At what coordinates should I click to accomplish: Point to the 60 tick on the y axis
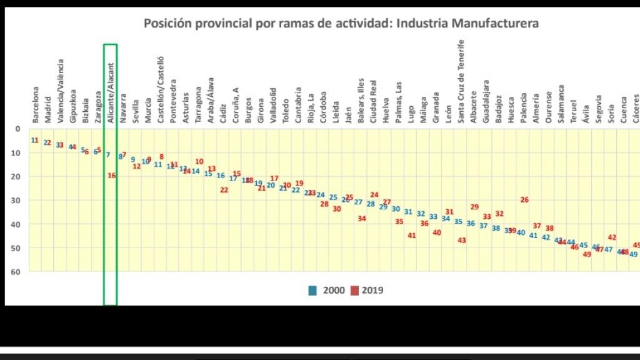(x=17, y=272)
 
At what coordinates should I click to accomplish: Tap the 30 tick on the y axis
(x=17, y=201)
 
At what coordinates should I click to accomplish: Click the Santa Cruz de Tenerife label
(x=461, y=74)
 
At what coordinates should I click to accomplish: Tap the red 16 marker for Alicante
(x=112, y=176)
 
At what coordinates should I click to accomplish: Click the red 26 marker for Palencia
(x=524, y=200)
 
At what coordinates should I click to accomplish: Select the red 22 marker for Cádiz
(x=224, y=190)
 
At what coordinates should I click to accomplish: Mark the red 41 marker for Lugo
(x=412, y=236)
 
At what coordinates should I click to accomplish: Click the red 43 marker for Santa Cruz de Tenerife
(x=462, y=240)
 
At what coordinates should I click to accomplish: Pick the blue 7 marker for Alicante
(x=108, y=155)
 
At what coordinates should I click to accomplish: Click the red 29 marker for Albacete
(x=474, y=207)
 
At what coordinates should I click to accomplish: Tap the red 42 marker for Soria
(x=612, y=237)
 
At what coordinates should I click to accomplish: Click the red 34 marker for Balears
(x=362, y=219)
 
